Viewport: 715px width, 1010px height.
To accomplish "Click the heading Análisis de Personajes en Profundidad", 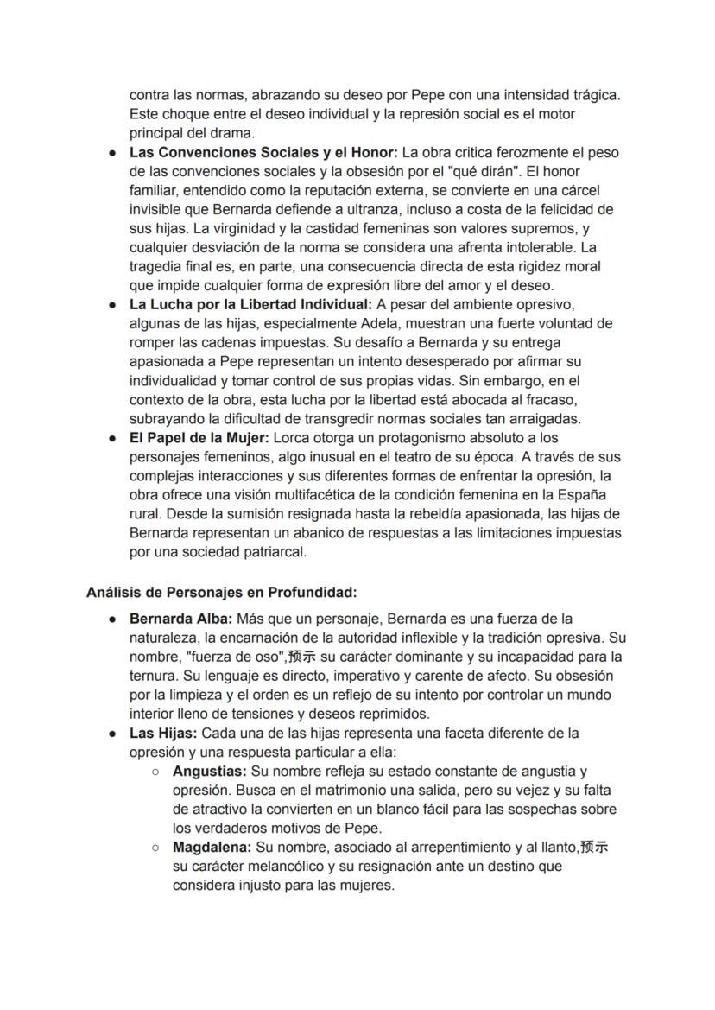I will tap(221, 592).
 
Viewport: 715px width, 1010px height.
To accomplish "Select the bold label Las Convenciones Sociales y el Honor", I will tap(263, 152).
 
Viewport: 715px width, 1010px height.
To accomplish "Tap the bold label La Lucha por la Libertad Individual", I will tap(250, 304).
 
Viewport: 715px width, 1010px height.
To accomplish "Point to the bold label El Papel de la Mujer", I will tap(199, 437).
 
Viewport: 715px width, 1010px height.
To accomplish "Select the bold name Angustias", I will tap(210, 771).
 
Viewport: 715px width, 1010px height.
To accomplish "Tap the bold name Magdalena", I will tap(212, 847).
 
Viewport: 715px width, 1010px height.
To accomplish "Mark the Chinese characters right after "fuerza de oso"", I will tap(301, 657).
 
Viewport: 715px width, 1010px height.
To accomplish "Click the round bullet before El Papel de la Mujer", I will tap(113, 438).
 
